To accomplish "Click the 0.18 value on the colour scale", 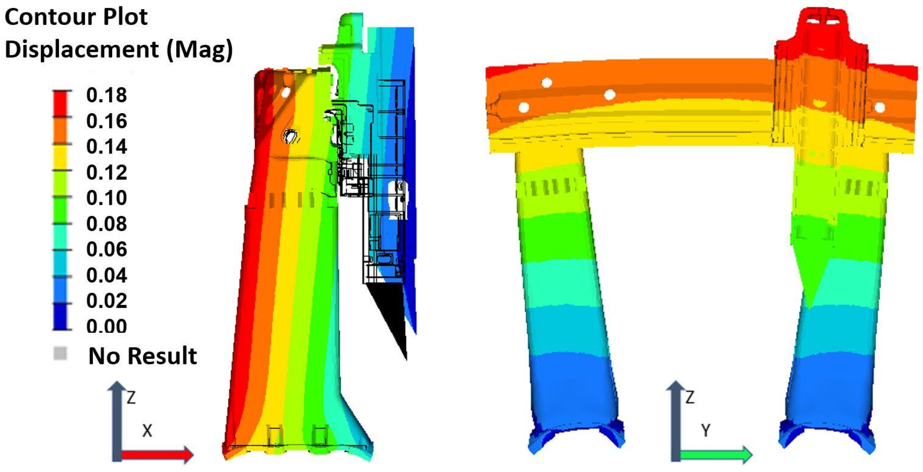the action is [x=106, y=95].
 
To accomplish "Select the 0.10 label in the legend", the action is [x=106, y=198].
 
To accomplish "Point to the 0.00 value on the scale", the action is [x=106, y=326].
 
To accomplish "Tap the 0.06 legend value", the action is [x=106, y=249].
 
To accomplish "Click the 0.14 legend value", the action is [x=106, y=147].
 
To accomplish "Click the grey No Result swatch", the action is [x=60, y=353].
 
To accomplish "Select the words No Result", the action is [x=143, y=356].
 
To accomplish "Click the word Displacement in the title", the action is [x=82, y=50].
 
